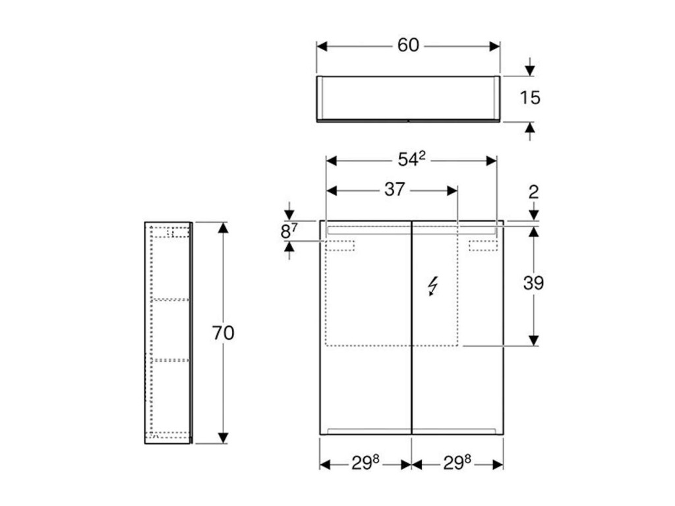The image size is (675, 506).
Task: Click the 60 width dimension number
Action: point(408,45)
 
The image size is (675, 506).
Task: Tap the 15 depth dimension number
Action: point(529,98)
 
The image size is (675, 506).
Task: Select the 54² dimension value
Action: point(411,159)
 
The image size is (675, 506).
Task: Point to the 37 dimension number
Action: point(395,189)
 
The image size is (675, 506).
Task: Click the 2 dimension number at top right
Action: point(533,192)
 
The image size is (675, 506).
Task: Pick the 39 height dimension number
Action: point(533,283)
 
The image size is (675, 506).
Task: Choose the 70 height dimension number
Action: point(223,333)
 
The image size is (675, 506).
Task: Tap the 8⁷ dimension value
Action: point(289,231)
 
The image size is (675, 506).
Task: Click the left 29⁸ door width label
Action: point(365,463)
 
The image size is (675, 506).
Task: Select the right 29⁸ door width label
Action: point(457,463)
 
